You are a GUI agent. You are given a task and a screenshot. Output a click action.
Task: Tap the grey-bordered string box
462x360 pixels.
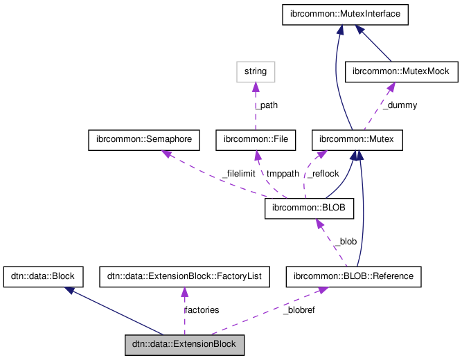pos(256,71)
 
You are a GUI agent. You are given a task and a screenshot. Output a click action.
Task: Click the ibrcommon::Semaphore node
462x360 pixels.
pos(144,140)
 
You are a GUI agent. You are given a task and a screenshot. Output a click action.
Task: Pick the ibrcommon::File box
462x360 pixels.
pos(256,140)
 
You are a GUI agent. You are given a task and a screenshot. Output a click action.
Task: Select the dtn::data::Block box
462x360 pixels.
pos(44,276)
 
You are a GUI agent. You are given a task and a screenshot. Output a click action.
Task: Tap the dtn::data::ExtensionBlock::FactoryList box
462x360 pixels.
pos(184,276)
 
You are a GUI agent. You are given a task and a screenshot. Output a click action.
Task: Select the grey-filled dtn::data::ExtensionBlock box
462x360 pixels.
pos(184,344)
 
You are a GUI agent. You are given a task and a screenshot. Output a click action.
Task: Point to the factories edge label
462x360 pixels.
pos(202,309)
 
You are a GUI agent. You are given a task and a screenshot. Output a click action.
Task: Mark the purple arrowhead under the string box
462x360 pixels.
pos(256,87)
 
